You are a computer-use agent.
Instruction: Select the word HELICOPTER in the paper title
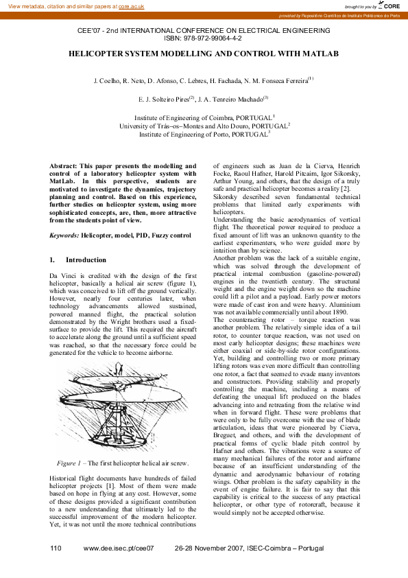(104, 53)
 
